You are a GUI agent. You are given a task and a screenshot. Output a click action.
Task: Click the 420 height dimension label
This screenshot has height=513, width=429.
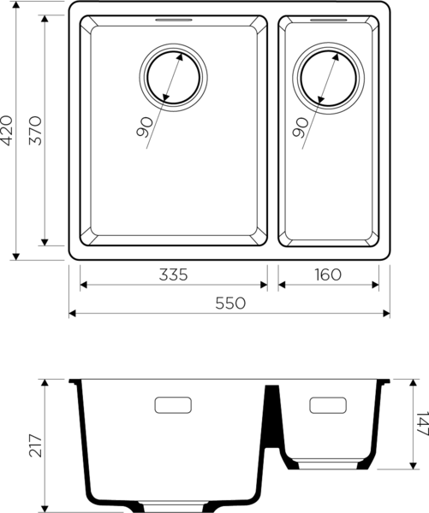click(9, 131)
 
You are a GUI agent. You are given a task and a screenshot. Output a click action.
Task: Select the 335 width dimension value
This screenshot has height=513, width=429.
click(172, 274)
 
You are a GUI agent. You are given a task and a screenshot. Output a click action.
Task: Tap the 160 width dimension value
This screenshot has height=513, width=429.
click(327, 274)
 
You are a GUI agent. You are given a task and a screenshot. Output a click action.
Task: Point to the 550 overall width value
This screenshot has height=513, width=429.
click(230, 302)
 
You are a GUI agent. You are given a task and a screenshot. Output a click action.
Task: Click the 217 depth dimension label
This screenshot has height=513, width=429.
click(34, 444)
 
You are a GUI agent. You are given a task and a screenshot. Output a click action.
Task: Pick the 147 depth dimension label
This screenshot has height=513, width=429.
click(419, 424)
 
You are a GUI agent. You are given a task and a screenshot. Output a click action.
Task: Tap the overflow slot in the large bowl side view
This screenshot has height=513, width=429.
click(175, 404)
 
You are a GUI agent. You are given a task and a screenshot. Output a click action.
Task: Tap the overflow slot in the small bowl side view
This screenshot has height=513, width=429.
click(326, 405)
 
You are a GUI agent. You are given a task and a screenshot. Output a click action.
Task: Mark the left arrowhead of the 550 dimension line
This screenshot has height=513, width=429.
click(73, 314)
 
